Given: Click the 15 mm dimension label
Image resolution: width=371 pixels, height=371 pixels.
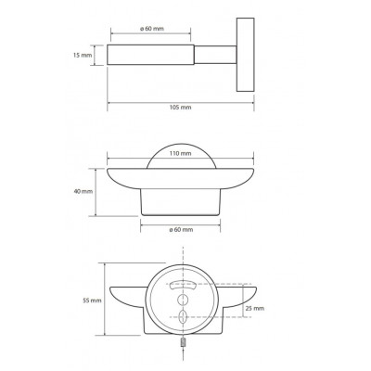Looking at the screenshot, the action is pos(83,56).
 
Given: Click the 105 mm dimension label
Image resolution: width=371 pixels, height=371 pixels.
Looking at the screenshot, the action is pos(181,108).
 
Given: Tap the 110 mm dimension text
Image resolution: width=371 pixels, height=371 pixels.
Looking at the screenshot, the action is pos(181,153).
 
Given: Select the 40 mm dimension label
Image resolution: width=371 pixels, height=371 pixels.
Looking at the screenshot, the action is pos(83,191).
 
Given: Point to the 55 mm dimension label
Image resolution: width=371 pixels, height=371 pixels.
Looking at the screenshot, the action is pos(92,301).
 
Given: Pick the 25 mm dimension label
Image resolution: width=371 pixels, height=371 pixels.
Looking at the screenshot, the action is pos(255,308).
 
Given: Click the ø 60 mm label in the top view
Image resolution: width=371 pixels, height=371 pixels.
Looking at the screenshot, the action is pos(152,29).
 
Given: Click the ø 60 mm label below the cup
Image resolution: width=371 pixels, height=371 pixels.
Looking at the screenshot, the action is pos(181,229).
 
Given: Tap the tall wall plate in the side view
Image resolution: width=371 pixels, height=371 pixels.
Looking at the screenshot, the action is pos(246,55).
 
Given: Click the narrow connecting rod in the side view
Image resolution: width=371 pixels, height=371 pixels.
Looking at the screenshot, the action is pos(215,55).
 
